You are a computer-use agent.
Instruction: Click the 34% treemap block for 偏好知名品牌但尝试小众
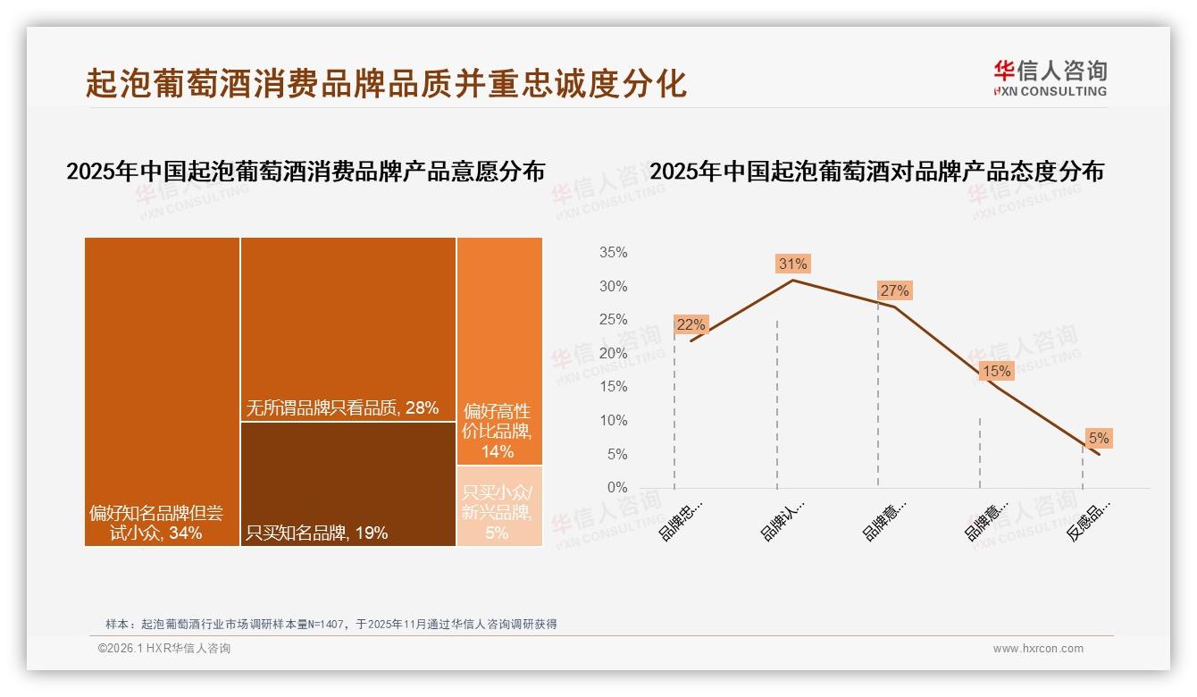coord(162,391)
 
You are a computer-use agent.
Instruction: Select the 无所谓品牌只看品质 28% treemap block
coord(347,329)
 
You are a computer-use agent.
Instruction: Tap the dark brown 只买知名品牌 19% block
coord(347,483)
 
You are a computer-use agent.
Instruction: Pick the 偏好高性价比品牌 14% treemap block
coord(499,350)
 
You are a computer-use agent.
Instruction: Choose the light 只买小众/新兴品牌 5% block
coord(499,506)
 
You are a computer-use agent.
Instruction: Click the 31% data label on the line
coord(792,264)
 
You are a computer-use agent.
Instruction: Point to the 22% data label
coord(691,325)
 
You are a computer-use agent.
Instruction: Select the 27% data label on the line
coord(894,290)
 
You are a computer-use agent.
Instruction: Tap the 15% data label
coord(996,371)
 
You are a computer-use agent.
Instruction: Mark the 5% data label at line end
coord(1098,438)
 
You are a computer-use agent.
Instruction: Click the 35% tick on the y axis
coord(613,253)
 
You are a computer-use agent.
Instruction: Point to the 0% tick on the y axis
coord(617,488)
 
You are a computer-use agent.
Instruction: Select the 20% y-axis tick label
coord(613,354)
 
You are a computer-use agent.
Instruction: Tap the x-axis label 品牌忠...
coord(680,521)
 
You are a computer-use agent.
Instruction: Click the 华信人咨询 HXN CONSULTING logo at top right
coord(1050,78)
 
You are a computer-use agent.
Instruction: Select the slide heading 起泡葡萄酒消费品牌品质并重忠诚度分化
coord(386,83)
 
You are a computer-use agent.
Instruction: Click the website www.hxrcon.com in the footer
coord(1038,649)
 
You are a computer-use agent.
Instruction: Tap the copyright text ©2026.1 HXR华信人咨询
coord(164,649)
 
